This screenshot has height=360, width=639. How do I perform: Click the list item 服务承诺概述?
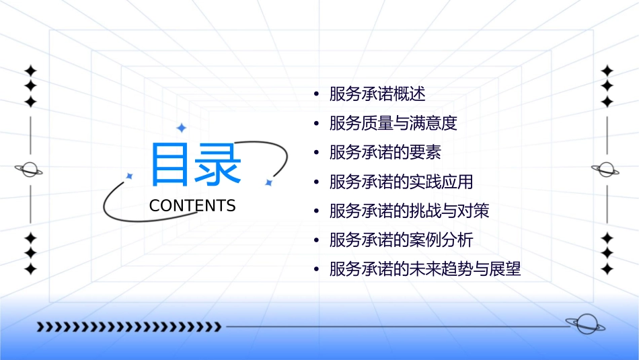(x=377, y=94)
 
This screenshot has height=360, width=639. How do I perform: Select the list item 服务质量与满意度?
(x=393, y=124)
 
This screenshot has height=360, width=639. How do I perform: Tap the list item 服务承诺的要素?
(x=385, y=153)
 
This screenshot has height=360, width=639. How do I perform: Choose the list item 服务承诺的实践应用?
(x=401, y=182)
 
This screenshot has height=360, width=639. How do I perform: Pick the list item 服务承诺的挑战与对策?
(x=409, y=211)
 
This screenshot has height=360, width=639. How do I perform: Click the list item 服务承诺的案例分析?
(x=401, y=240)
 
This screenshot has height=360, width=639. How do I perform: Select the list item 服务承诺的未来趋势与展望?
(x=425, y=270)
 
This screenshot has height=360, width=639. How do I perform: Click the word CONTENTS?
(x=192, y=206)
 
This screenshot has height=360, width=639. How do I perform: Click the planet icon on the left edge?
(x=30, y=170)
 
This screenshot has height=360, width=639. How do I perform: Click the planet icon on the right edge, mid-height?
(x=607, y=170)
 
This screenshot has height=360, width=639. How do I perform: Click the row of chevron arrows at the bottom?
(x=129, y=327)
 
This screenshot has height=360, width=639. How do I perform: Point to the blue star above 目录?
(x=180, y=128)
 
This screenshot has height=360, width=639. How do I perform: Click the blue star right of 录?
(x=268, y=182)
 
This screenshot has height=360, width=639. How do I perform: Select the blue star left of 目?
(x=130, y=176)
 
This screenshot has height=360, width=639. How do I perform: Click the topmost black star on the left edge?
(x=30, y=71)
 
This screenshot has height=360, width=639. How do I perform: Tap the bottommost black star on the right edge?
(x=607, y=269)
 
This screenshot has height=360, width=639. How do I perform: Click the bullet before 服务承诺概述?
(x=315, y=94)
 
